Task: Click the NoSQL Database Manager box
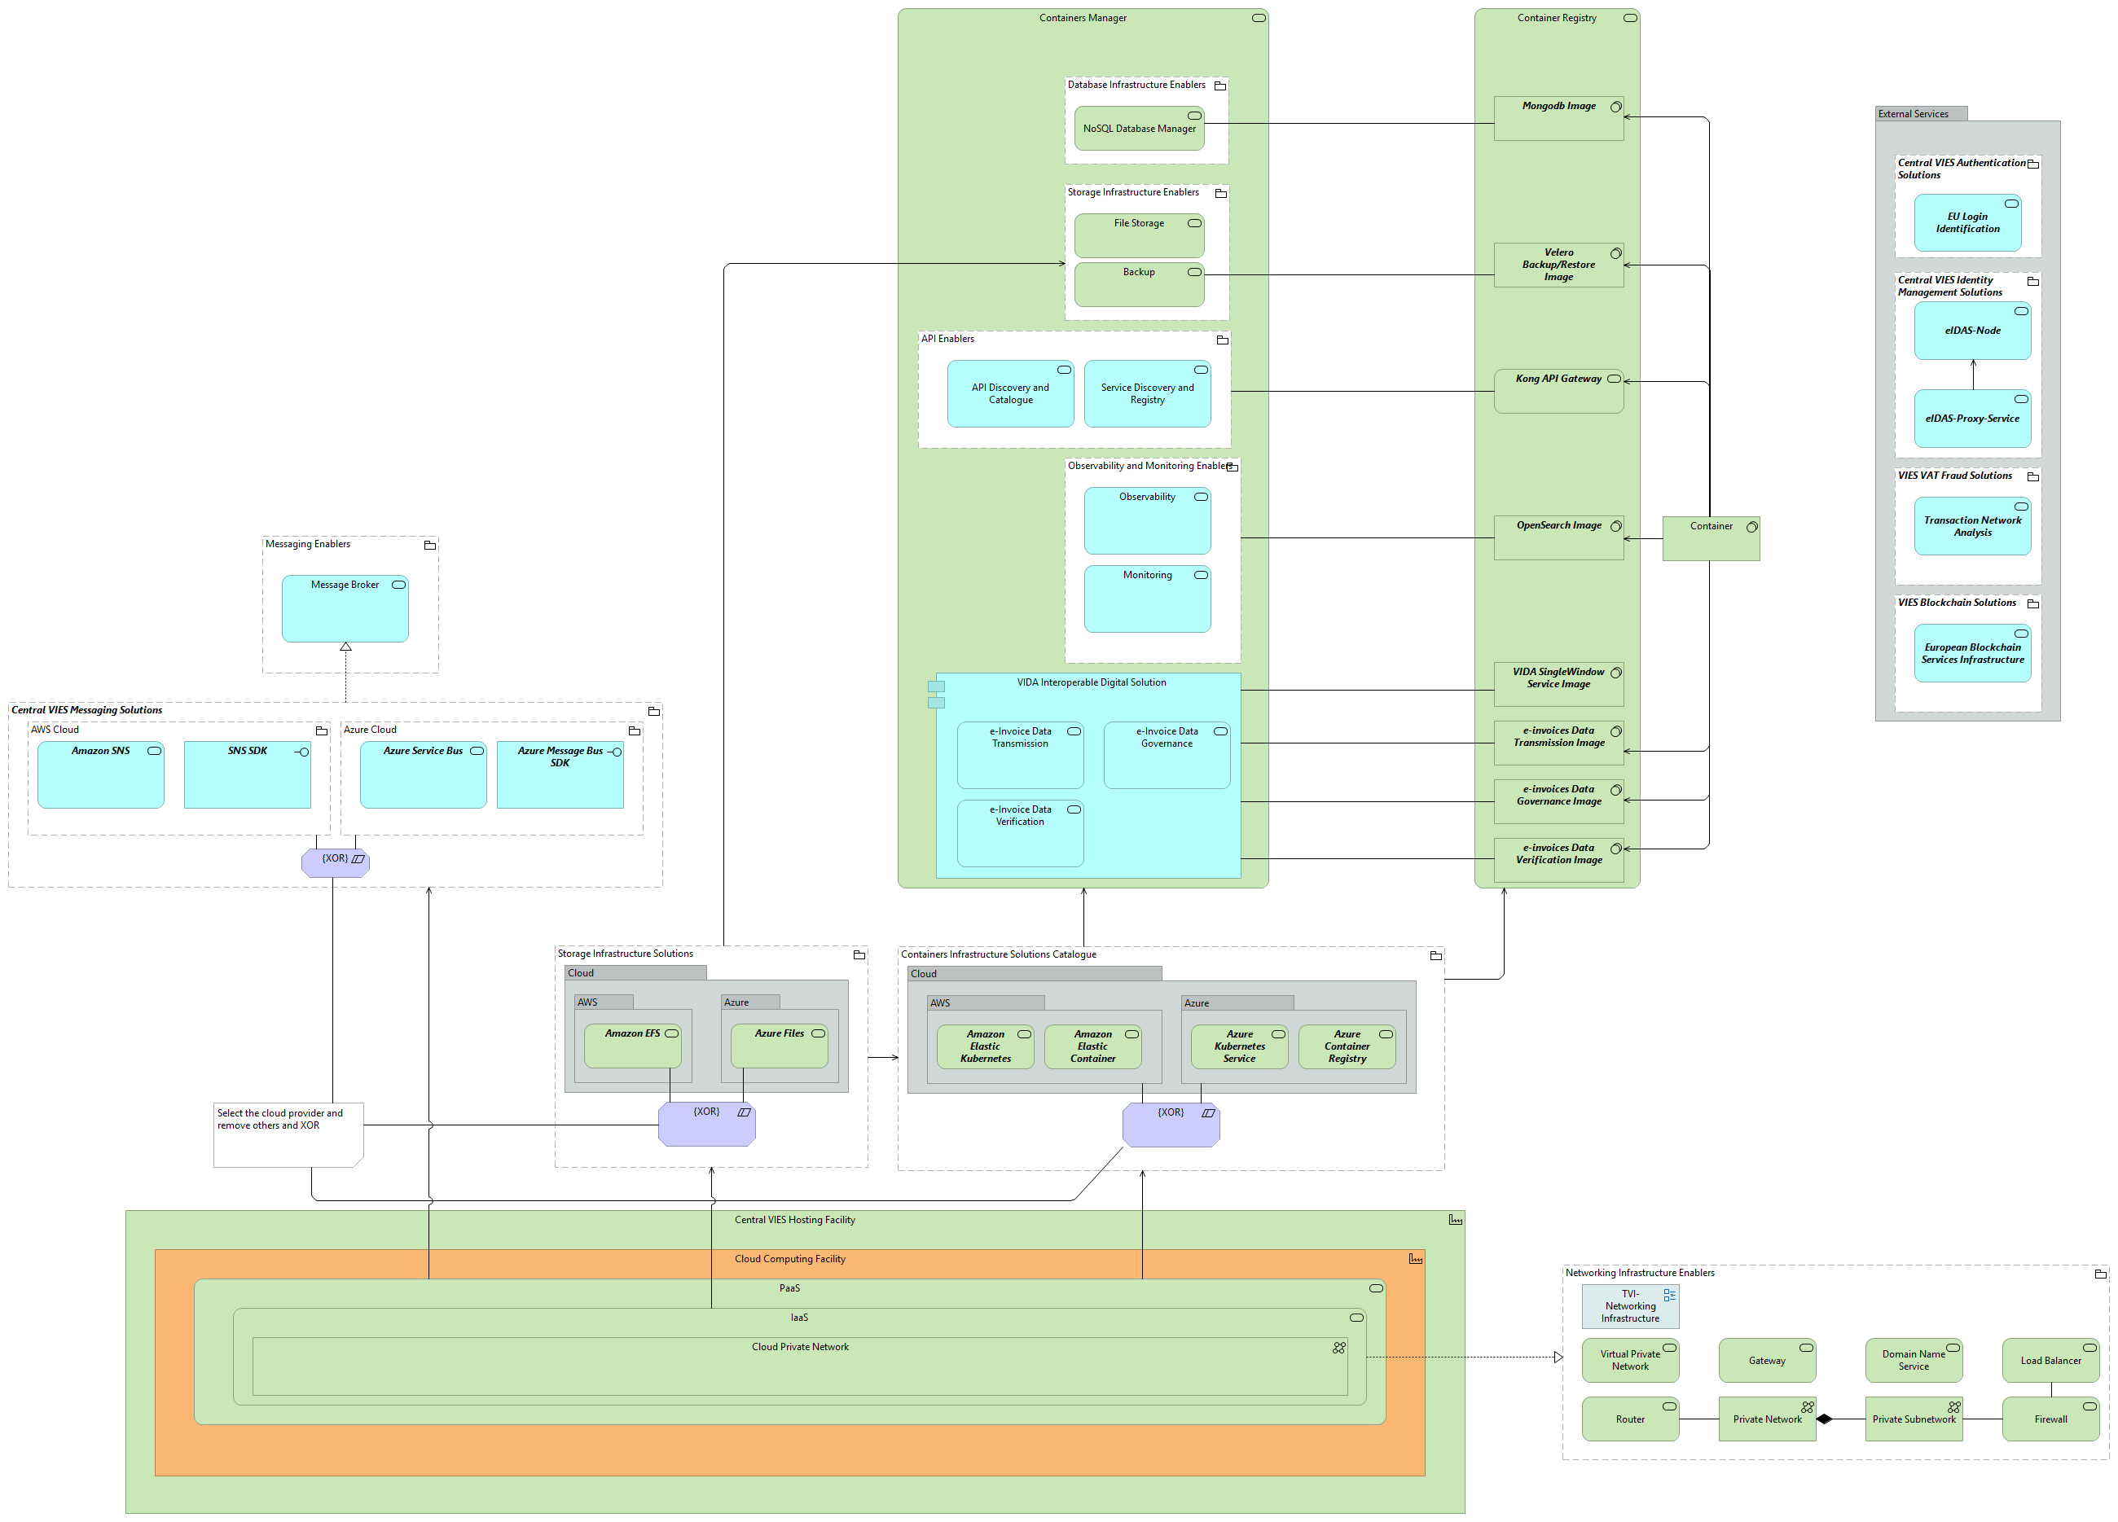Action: [1138, 129]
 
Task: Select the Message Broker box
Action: [345, 609]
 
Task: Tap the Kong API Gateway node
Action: [1558, 390]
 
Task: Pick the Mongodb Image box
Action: [1558, 119]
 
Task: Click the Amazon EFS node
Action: [632, 1046]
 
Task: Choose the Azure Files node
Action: [779, 1046]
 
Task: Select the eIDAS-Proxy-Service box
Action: [1971, 419]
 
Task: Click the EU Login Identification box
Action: [1966, 223]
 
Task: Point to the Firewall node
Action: [2050, 1419]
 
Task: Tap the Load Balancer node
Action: [2050, 1361]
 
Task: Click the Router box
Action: [1629, 1419]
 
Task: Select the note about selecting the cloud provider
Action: [288, 1134]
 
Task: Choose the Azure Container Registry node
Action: [1346, 1046]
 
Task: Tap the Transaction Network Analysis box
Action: [1971, 527]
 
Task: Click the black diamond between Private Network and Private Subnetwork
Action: [1824, 1419]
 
